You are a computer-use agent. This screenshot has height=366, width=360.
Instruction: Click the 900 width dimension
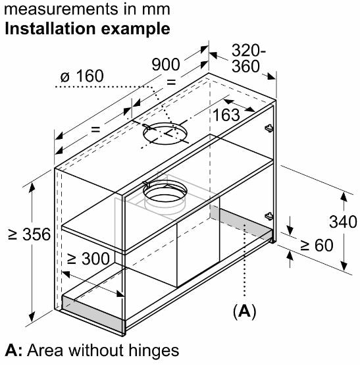pos(166,65)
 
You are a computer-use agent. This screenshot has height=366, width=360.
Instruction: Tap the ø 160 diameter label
pos(82,76)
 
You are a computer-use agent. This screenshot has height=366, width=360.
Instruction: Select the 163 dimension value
pos(226,115)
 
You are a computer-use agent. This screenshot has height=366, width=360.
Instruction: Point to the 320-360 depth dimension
pos(248,59)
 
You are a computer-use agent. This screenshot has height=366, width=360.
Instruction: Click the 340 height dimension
pos(343,222)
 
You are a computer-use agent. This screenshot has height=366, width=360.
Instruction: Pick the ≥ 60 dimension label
pos(317,246)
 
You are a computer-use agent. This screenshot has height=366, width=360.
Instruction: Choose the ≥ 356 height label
pos(29,234)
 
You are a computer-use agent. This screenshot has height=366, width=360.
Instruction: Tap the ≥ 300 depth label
pos(88,259)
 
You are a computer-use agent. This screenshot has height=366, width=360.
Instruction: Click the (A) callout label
pos(244,311)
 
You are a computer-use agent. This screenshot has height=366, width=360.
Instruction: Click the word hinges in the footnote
pos(154,352)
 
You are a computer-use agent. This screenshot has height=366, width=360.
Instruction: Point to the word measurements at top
pos(61,9)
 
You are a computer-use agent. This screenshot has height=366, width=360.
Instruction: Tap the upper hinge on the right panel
pos(269,128)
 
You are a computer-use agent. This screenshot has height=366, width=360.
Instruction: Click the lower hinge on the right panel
pos(269,216)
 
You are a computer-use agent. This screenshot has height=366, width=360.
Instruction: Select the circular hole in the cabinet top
pos(165,134)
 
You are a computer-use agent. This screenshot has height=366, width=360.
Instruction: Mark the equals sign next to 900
pos(171,82)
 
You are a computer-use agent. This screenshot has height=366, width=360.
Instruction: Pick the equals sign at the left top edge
pos(95,129)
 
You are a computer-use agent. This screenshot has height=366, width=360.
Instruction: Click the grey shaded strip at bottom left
pos(93,313)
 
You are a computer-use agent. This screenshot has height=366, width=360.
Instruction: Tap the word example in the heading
pos(136,29)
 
